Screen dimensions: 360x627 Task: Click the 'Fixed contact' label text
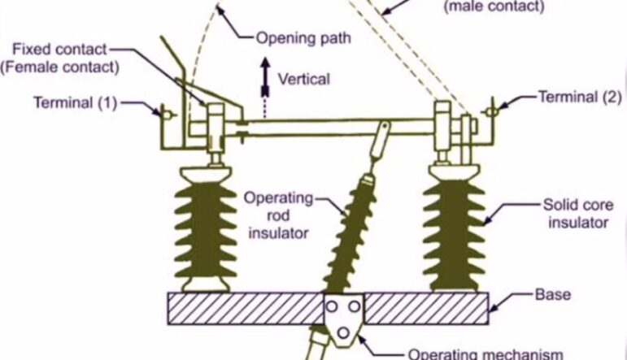point(67,50)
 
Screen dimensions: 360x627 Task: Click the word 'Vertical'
point(303,79)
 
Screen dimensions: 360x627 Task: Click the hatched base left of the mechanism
point(245,309)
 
